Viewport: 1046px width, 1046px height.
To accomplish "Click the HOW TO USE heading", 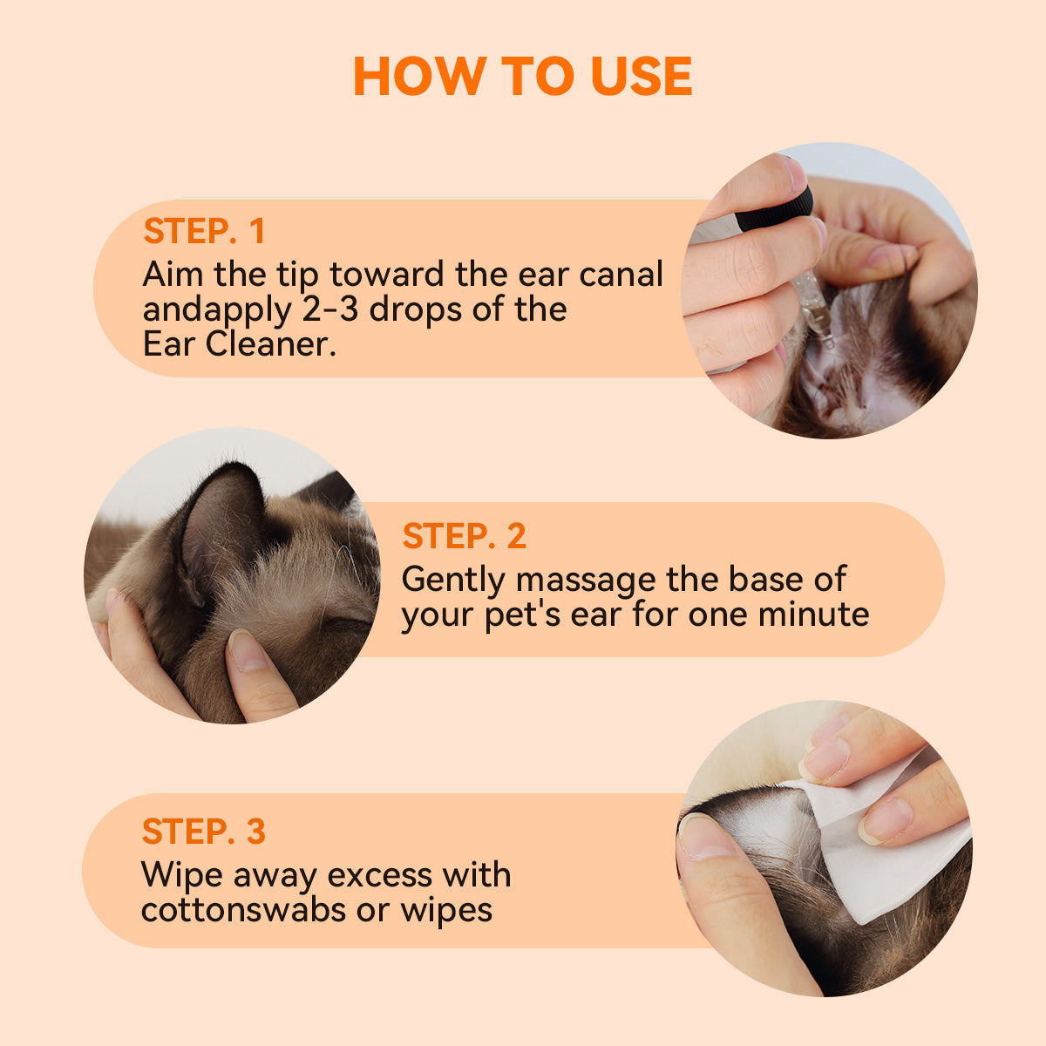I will (x=523, y=77).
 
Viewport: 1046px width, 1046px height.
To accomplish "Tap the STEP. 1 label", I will (x=204, y=231).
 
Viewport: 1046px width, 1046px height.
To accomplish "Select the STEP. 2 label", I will (x=464, y=536).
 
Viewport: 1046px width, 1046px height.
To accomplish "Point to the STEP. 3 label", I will (x=203, y=832).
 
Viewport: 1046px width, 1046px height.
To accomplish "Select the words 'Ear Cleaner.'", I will (x=239, y=344).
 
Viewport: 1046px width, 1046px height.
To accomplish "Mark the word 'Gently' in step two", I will (x=452, y=579).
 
